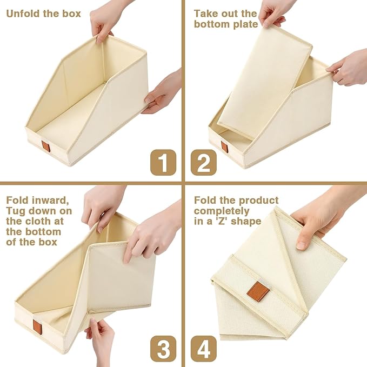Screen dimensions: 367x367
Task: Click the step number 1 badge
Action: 163,163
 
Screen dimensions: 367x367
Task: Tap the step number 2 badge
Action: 204,163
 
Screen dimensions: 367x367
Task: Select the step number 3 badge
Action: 163,349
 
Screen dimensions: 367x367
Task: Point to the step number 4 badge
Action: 204,349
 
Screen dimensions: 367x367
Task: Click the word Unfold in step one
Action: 23,14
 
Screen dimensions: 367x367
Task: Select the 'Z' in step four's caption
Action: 223,222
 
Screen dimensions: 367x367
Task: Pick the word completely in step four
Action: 222,211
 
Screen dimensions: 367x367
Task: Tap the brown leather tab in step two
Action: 224,147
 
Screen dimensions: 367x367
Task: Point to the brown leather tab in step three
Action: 37,327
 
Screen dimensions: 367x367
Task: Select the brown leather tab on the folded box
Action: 258,291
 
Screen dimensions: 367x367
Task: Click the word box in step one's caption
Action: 71,14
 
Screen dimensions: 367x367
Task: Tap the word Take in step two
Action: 205,14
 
